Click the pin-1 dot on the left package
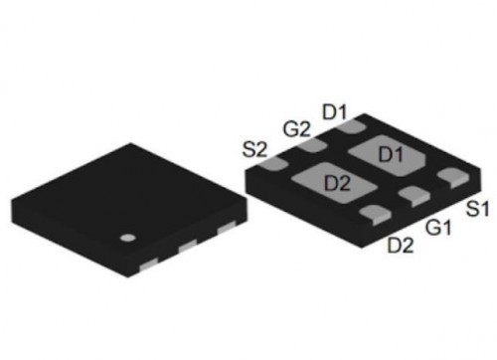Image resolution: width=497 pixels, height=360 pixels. (128, 238)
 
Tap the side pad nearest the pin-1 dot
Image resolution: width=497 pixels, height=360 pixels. (148, 265)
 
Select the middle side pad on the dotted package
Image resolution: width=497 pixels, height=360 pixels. (188, 246)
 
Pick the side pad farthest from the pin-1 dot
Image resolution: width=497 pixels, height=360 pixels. (227, 227)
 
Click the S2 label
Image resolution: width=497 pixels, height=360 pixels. (254, 150)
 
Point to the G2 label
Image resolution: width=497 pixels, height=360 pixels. (297, 129)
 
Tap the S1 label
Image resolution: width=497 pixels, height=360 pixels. (477, 209)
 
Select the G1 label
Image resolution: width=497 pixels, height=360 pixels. (438, 228)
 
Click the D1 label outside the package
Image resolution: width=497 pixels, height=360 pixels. (334, 111)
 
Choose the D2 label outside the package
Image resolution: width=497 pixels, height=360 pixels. (401, 246)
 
